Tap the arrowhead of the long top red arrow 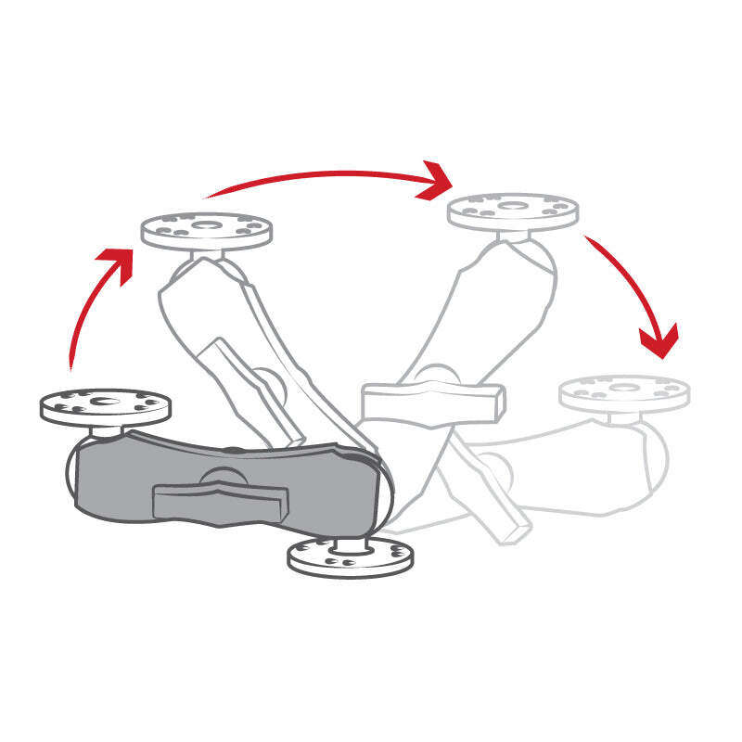pos(436,180)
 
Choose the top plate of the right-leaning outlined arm pos(512,211)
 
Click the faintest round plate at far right pos(624,392)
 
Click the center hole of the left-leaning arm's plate pos(206,224)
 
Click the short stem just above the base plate pos(351,543)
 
